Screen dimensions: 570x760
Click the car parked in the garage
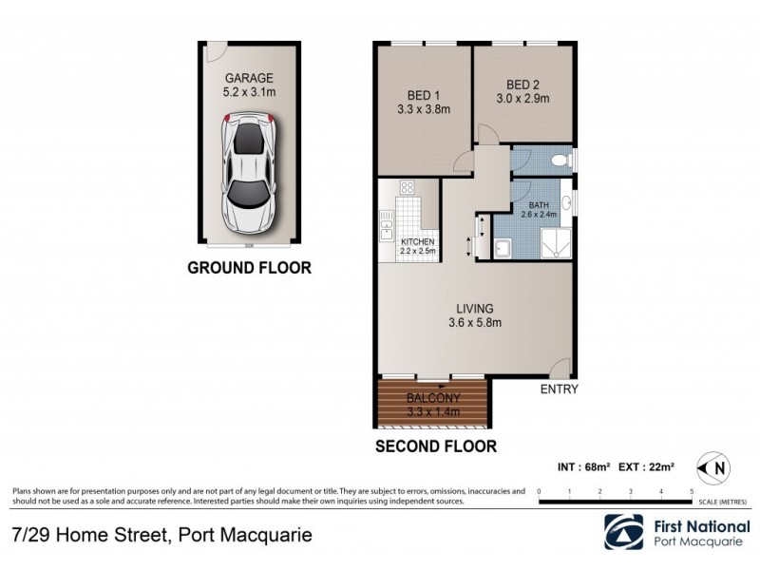(x=248, y=171)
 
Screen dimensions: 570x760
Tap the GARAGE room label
(x=249, y=79)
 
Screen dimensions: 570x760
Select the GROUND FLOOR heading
(x=249, y=268)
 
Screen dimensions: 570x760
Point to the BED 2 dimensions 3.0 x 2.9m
(x=522, y=98)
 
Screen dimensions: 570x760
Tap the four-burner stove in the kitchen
(x=408, y=188)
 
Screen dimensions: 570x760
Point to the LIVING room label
(x=475, y=309)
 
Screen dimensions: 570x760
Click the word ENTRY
(x=559, y=389)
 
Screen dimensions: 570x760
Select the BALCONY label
(x=433, y=399)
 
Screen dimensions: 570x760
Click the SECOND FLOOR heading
(x=436, y=445)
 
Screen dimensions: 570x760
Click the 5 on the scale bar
(x=692, y=491)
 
